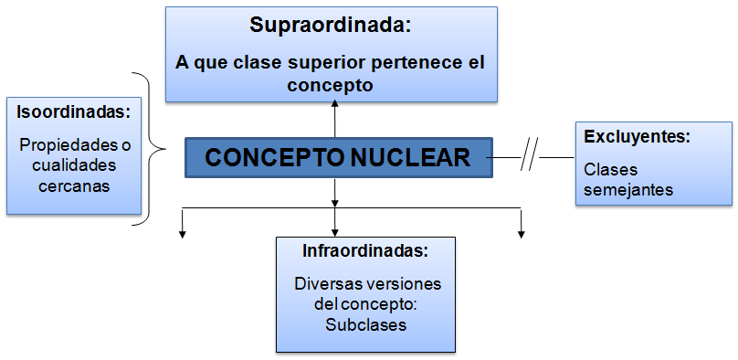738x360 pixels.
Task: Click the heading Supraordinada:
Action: point(331,25)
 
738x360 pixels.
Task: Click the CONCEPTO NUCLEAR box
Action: point(337,157)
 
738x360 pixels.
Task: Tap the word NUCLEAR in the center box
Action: point(414,157)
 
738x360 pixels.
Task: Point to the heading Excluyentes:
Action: point(637,136)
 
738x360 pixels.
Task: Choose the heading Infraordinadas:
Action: point(365,250)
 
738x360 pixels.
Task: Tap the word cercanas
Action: point(73,186)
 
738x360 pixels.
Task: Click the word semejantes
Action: point(628,190)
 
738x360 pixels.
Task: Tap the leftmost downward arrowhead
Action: point(183,235)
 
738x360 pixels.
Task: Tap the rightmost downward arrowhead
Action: point(521,235)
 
